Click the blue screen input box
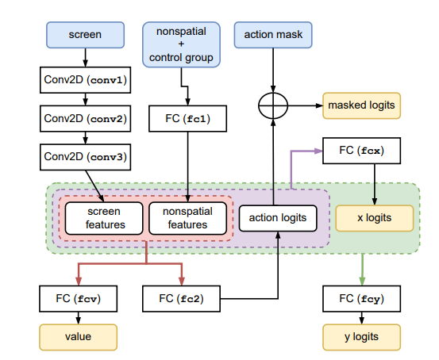(86, 35)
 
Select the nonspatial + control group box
(181, 44)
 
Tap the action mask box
(273, 35)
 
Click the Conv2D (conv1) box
(86, 80)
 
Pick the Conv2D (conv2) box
(86, 119)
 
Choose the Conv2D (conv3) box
(86, 157)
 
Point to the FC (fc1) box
(187, 119)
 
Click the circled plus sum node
(273, 105)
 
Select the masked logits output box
(362, 105)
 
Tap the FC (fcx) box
(362, 151)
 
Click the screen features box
(104, 218)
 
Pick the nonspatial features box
(187, 218)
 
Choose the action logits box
(278, 218)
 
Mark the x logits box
(375, 218)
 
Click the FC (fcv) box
(79, 299)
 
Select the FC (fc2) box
(181, 299)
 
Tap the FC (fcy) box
(362, 299)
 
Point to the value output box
(79, 337)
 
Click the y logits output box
(362, 337)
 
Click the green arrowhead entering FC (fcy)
(362, 281)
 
